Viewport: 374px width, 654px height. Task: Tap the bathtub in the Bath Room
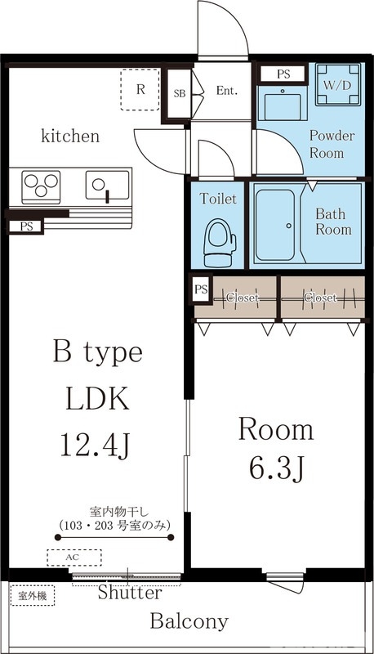278,225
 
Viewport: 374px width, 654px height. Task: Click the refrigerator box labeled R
140,89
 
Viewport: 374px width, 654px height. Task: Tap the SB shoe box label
180,93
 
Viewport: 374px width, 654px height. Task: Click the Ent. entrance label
226,92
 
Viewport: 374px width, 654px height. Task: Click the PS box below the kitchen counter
27,226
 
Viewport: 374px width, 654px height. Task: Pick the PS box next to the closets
201,289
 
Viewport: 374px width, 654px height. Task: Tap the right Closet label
320,298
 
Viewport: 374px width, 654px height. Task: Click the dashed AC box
73,558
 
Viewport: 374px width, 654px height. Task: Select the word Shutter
129,594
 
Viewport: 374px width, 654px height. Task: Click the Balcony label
189,622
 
